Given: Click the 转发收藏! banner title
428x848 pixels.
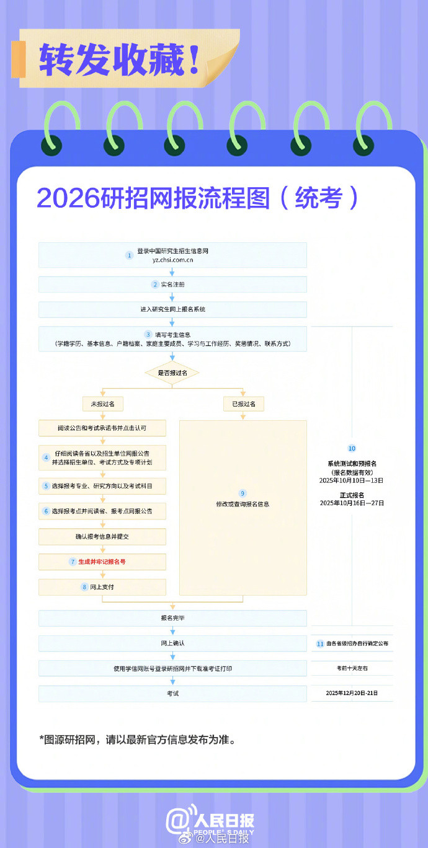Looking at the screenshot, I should pos(120,60).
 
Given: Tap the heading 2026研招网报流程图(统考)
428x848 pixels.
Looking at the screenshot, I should pos(197,197).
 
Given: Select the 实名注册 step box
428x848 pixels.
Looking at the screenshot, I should pos(172,285).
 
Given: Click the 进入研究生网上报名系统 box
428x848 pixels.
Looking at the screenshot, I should pos(172,309).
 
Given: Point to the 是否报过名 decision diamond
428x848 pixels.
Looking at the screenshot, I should pos(172,373).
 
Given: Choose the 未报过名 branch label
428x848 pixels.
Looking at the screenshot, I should pos(103,404).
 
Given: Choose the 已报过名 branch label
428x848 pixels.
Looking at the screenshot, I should pos(243,404).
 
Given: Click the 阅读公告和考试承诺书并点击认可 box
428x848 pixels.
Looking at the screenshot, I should pos(102,428).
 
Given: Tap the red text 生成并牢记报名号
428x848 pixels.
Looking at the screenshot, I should pos(102,562).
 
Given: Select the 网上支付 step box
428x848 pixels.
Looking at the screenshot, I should pos(102,587).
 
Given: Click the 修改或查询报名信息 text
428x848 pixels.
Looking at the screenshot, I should pos(243,504).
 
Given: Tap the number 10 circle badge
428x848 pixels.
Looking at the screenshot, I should pos(352,448).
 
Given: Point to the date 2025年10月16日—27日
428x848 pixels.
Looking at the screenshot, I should pos(352,503).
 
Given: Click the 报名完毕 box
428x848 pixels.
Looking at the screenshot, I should pos(172,618).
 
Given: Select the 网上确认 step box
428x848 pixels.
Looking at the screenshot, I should pos(172,643).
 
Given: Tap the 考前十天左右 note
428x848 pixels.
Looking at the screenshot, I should pos(352,668).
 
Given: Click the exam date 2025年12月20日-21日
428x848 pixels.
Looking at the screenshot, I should pos(352,693).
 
